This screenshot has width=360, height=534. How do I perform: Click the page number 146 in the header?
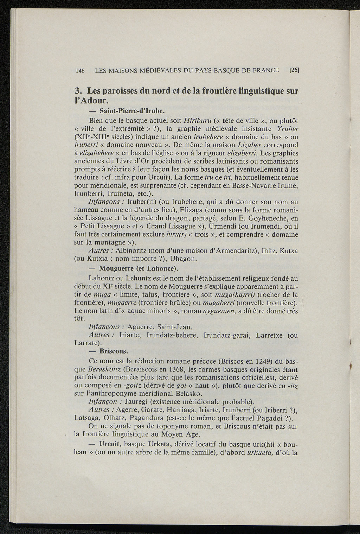click(x=81, y=70)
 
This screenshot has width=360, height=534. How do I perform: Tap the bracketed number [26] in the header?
click(x=294, y=70)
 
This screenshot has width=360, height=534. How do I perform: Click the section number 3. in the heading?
click(x=79, y=91)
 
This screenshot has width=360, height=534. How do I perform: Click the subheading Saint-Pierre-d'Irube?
click(x=132, y=111)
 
